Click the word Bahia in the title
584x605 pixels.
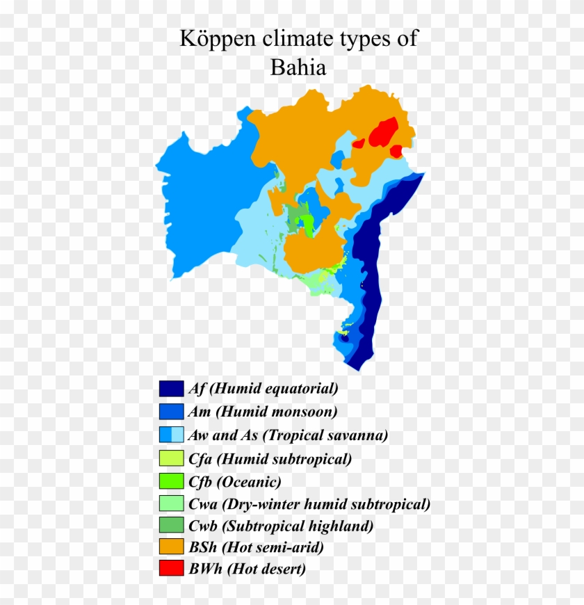[298, 68]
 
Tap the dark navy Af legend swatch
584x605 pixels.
[171, 388]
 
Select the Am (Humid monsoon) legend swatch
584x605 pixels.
[171, 411]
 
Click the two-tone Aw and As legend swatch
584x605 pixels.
[171, 435]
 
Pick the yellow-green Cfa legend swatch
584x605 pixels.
[171, 458]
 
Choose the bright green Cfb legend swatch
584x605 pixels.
[171, 481]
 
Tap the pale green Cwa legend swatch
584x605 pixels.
[171, 503]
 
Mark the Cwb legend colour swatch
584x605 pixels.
[171, 526]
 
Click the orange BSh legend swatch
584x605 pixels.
[171, 548]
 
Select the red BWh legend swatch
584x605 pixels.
[171, 569]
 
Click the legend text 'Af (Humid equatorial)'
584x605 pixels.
[263, 388]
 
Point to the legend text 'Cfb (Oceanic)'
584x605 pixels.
[234, 481]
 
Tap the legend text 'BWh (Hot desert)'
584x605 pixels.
[247, 569]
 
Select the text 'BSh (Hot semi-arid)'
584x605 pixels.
[255, 548]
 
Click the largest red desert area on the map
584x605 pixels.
[383, 132]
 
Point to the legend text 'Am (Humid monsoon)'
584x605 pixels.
[262, 411]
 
